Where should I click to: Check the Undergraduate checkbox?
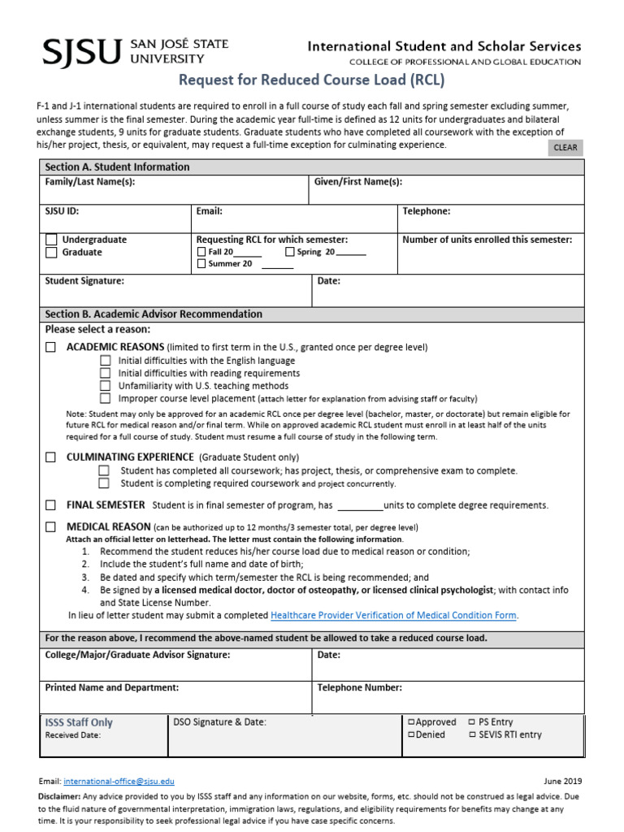(51, 240)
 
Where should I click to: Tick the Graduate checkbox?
(51, 253)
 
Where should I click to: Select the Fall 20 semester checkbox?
(201, 252)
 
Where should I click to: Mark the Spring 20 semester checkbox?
(290, 252)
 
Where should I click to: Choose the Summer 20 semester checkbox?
(201, 264)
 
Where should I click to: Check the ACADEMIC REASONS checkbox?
(51, 347)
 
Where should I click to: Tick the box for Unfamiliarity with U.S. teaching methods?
(105, 386)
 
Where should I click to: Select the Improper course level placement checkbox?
(105, 399)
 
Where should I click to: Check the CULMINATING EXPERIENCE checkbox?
(51, 457)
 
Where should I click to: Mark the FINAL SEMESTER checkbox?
(51, 505)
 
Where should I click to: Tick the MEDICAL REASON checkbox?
(51, 526)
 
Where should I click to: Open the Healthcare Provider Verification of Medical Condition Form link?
(393, 615)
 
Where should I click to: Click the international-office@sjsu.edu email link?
(119, 782)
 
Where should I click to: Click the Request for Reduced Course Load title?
(312, 80)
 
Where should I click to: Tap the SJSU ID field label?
(62, 211)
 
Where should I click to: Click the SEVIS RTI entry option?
(472, 734)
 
